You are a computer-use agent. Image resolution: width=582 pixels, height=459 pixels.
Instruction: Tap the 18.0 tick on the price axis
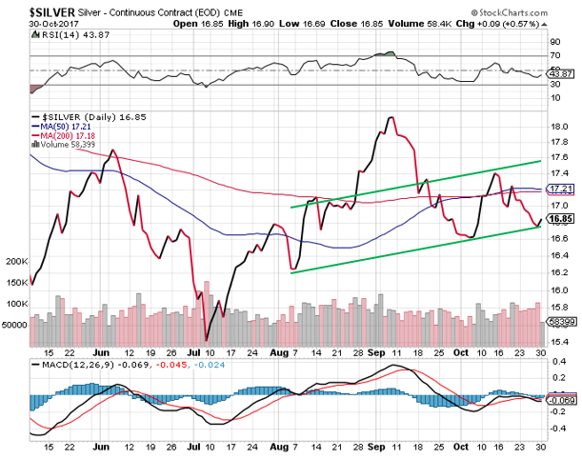click(x=558, y=126)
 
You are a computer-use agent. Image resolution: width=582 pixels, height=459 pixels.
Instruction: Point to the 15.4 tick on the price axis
click(x=558, y=341)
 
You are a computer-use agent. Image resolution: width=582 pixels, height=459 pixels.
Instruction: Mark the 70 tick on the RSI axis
click(x=552, y=56)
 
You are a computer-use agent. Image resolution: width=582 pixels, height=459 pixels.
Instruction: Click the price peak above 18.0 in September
click(x=391, y=117)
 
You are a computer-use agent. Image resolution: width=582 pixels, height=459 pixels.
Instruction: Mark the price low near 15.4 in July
click(x=207, y=338)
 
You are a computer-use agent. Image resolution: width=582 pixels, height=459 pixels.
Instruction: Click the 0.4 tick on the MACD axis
click(x=555, y=363)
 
